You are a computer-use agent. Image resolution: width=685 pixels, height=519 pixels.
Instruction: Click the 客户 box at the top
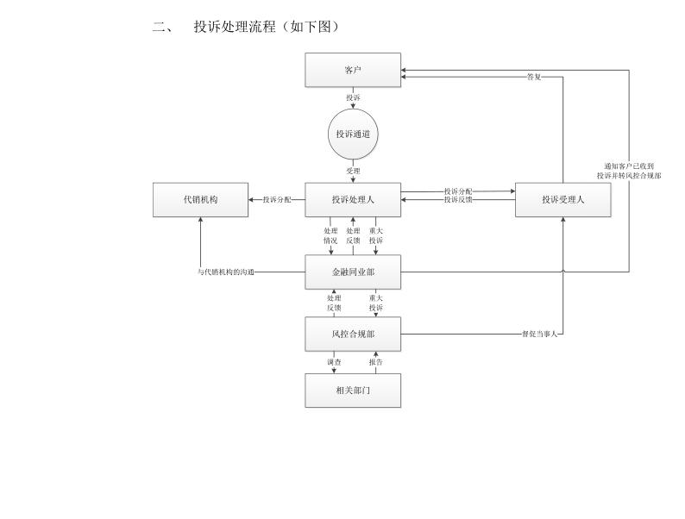[353, 70]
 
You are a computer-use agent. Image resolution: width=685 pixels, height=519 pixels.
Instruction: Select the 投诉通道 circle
[353, 134]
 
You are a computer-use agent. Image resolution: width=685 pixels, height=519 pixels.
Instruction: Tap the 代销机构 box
[200, 200]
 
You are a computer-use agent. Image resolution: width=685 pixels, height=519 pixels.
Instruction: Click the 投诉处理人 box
[353, 200]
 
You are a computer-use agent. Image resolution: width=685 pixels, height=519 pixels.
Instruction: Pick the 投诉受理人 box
[562, 200]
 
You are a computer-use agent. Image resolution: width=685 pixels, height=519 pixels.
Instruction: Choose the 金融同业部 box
[353, 272]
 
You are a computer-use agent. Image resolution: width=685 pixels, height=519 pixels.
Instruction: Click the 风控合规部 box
[353, 334]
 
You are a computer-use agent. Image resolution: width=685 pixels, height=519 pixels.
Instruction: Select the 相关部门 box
[353, 390]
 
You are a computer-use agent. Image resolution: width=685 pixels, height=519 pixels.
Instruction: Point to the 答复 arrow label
[534, 77]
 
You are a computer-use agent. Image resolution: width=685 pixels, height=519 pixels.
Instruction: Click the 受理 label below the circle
[353, 171]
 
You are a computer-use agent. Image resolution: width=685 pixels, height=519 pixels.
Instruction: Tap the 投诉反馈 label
[458, 200]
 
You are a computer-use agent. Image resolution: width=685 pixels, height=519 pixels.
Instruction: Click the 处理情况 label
[330, 236]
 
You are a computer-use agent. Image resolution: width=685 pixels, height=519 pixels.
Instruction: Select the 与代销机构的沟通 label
[226, 272]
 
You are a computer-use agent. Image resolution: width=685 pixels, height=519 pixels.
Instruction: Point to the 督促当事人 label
[540, 334]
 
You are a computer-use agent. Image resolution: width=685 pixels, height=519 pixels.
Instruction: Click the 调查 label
[333, 362]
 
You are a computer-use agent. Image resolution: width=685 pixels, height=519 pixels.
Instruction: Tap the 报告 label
[375, 362]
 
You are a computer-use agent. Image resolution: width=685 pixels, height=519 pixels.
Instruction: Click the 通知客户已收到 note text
[629, 166]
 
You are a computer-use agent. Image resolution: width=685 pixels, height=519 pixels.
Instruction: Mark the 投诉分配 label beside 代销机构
[277, 200]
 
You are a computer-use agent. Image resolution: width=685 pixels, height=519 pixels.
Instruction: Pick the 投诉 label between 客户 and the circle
[353, 98]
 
